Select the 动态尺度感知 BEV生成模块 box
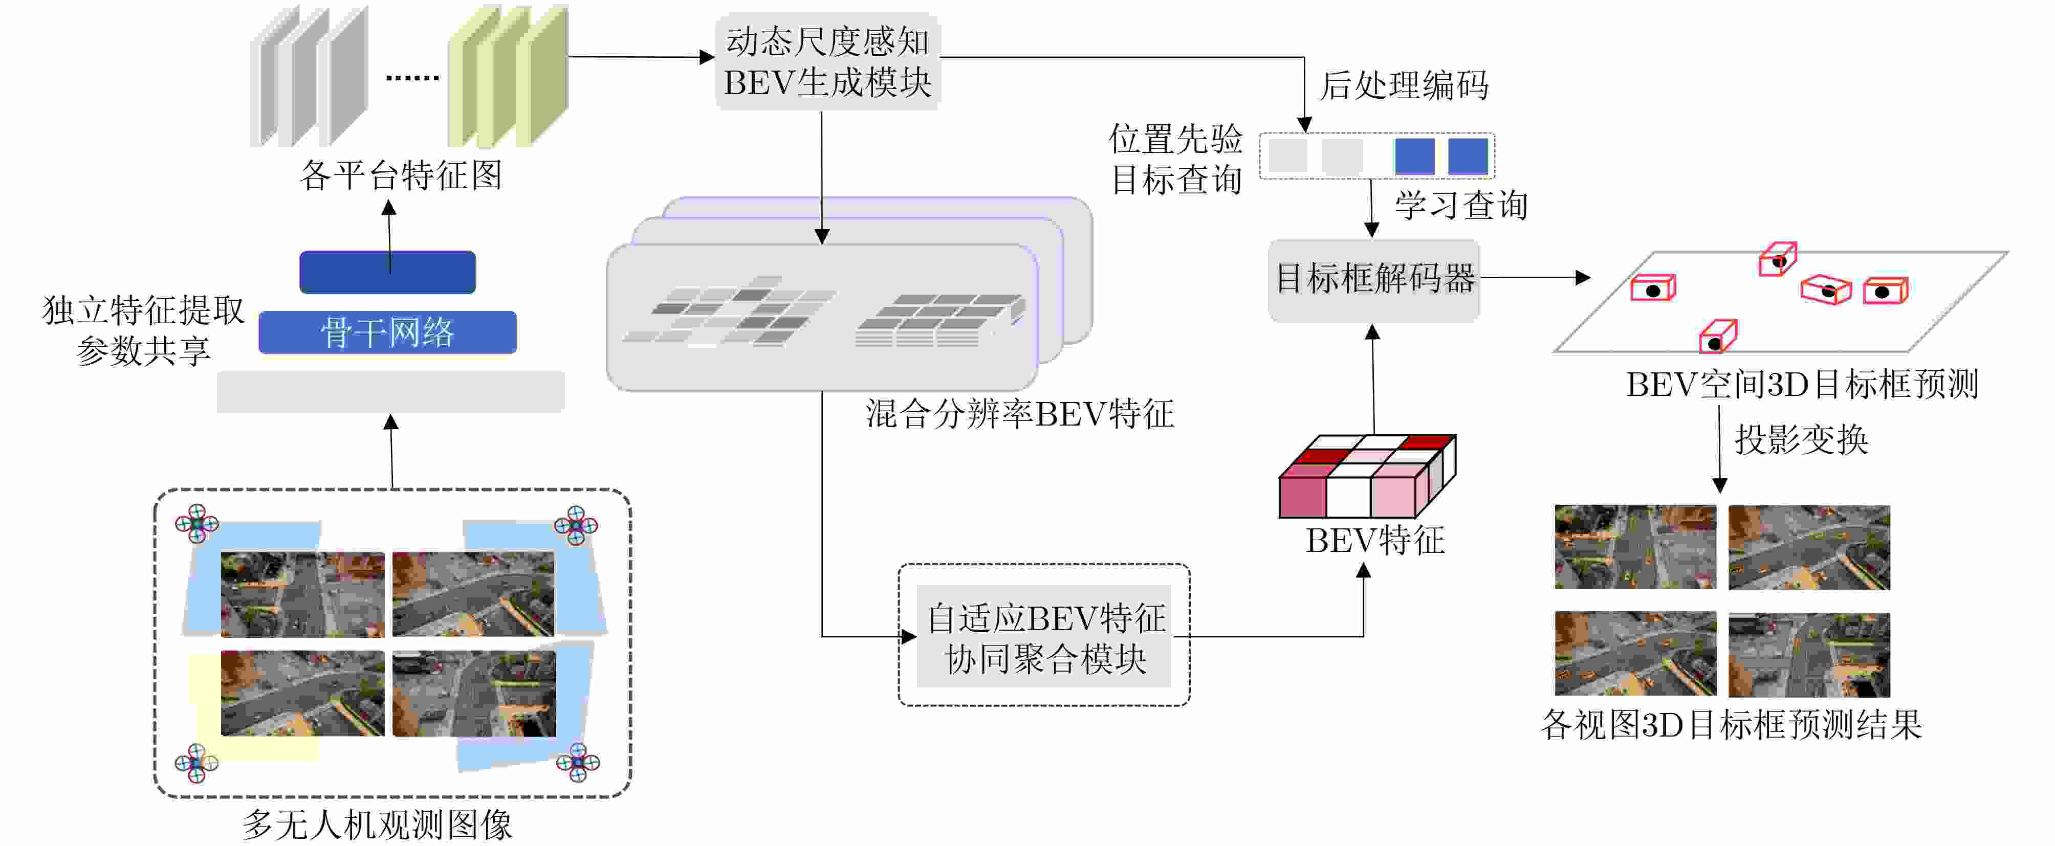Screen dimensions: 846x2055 click(827, 61)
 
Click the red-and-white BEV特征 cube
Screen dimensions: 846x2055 click(1367, 476)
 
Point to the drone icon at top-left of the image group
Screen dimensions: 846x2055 click(196, 524)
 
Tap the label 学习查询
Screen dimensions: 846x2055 click(1461, 206)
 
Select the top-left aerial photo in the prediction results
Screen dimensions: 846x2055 click(1634, 547)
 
